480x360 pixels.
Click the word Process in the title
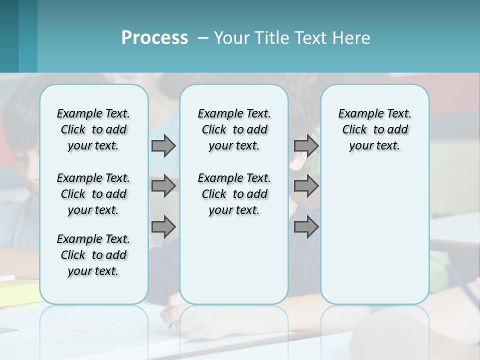click(x=154, y=38)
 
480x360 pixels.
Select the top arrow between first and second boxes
click(x=163, y=145)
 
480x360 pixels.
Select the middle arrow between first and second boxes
click(x=163, y=186)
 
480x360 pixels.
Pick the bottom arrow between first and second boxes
click(x=163, y=226)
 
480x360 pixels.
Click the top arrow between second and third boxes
click(x=306, y=145)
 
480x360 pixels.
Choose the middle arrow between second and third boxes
click(x=306, y=186)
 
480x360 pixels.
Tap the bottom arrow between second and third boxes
click(x=306, y=226)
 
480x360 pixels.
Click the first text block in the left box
click(x=93, y=129)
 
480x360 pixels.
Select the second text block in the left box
click(x=93, y=194)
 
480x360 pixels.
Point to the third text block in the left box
click(x=93, y=255)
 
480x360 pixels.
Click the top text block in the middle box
click(x=234, y=129)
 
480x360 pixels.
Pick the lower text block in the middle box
click(x=234, y=194)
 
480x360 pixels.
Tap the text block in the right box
click(x=374, y=129)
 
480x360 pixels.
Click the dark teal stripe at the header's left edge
click(x=9, y=36)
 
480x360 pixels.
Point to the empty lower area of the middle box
click(x=234, y=260)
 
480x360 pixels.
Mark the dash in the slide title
click(x=203, y=38)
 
